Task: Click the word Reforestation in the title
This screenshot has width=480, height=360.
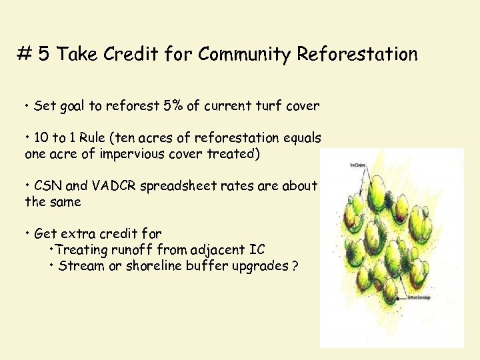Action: (x=357, y=54)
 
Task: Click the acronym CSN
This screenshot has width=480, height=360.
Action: (x=48, y=186)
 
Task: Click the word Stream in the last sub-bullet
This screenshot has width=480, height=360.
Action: (x=79, y=265)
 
